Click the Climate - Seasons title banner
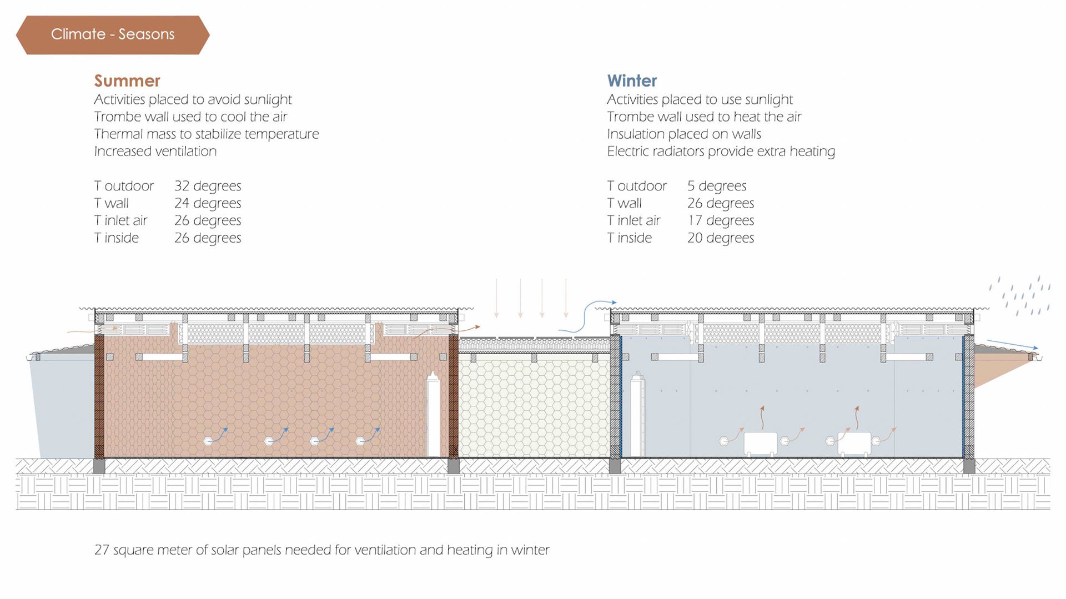[113, 34]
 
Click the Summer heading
[127, 81]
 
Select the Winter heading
[632, 81]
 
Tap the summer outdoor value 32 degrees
[208, 186]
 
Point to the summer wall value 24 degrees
[208, 203]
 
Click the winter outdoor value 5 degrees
[717, 186]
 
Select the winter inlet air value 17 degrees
[721, 220]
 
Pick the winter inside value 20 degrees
[721, 238]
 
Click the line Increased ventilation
[155, 152]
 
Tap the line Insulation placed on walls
[684, 134]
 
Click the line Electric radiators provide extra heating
[721, 152]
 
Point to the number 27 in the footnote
[102, 550]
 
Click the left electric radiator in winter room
[760, 443]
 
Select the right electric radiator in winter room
[854, 443]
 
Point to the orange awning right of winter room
[999, 366]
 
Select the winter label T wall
[625, 203]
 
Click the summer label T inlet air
[121, 220]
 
